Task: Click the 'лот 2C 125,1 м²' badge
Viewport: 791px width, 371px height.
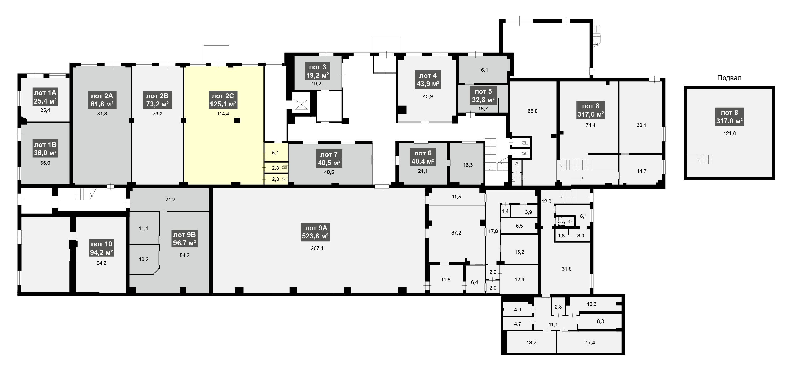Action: click(x=223, y=100)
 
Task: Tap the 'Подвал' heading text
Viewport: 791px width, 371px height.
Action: click(x=729, y=78)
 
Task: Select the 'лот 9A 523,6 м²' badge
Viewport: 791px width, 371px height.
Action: click(x=315, y=232)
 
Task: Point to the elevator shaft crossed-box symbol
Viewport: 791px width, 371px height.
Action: click(x=301, y=104)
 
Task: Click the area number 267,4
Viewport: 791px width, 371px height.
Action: click(x=317, y=248)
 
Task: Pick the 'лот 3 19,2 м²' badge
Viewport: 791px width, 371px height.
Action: click(x=317, y=71)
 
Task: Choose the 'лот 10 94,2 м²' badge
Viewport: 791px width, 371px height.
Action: click(x=101, y=248)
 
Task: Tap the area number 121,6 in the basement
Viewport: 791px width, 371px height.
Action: click(x=730, y=134)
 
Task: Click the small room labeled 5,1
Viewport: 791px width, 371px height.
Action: click(x=276, y=152)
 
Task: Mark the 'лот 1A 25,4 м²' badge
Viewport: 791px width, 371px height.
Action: click(x=45, y=97)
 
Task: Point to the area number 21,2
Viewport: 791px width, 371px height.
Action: click(x=170, y=200)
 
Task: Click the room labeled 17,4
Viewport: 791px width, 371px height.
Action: click(x=590, y=343)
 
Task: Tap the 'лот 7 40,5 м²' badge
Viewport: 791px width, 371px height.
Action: click(x=329, y=158)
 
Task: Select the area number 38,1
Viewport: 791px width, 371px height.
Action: click(x=641, y=125)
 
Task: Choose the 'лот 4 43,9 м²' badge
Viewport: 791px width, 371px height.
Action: click(x=428, y=80)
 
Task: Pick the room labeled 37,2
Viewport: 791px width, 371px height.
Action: click(x=456, y=233)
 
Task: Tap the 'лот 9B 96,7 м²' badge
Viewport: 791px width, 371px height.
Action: click(x=184, y=239)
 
